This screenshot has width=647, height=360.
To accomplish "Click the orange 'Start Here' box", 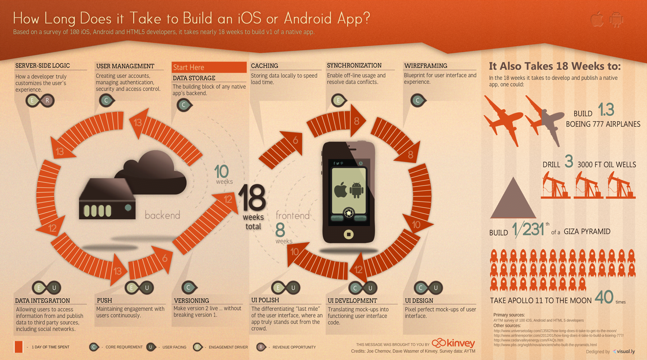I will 209,67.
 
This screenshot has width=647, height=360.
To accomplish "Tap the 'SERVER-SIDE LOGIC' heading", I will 42,66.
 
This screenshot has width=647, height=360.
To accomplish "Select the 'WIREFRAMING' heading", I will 425,66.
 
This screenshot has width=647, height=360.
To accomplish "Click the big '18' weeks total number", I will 252,198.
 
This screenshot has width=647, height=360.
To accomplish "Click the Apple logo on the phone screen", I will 340,189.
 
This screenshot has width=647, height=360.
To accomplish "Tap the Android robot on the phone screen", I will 357,189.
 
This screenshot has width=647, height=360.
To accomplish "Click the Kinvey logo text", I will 460,343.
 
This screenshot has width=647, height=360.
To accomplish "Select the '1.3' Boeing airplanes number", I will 606,110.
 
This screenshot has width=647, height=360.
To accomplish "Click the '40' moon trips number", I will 604,297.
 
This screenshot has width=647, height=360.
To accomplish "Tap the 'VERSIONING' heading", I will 191,300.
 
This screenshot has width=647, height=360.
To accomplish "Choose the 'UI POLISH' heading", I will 265,300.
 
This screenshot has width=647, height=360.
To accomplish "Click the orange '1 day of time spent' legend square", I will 19,347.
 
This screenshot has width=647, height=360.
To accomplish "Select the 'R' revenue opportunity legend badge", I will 261,347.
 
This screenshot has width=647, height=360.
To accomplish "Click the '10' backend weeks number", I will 221,171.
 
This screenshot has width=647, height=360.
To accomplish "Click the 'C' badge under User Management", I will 106,101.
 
